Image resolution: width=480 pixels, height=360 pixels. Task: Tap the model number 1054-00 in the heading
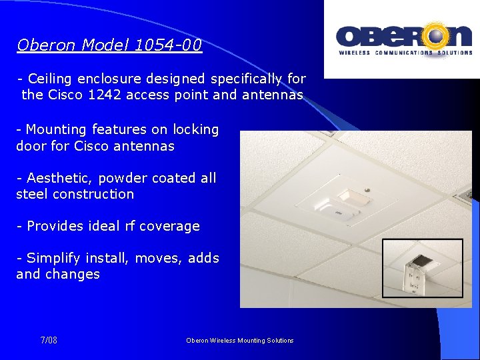tap(168, 45)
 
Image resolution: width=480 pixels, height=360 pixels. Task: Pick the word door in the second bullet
tap(30, 145)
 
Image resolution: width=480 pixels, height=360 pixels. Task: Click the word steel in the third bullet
tap(32, 194)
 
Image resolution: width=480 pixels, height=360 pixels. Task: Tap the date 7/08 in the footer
tap(49, 341)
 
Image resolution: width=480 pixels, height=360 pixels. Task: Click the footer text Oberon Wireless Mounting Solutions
tap(240, 341)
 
